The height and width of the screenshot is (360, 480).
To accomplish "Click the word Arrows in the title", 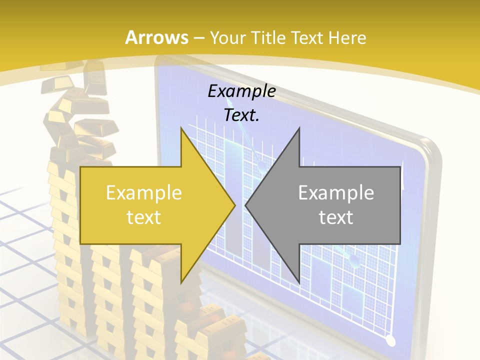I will click(156, 37).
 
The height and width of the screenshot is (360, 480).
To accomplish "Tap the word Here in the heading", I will click(346, 38).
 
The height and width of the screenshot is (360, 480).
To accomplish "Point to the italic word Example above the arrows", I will click(241, 91).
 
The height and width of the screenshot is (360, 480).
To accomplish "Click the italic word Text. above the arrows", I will click(241, 115).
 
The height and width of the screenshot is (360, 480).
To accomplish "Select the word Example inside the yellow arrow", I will click(144, 193).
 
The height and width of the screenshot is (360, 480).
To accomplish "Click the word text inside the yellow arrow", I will click(144, 217).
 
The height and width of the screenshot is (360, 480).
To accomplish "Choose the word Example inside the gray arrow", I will click(336, 193).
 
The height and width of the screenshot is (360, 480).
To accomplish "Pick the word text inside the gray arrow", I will click(336, 217).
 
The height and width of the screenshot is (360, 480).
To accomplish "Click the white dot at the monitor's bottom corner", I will click(391, 341).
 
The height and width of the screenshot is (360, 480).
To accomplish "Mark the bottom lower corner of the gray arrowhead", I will click(299, 283).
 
